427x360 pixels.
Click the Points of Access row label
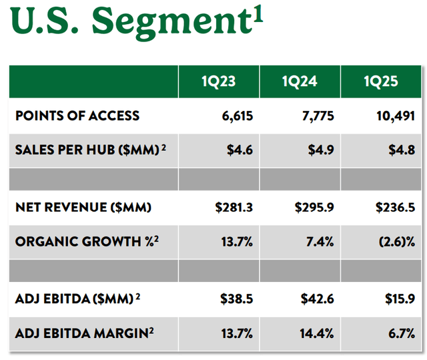tap(77, 116)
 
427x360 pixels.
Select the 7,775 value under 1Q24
tap(316, 116)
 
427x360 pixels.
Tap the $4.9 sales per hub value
tap(321, 148)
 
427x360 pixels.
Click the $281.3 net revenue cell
tap(234, 208)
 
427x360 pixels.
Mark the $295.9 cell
tap(314, 208)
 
